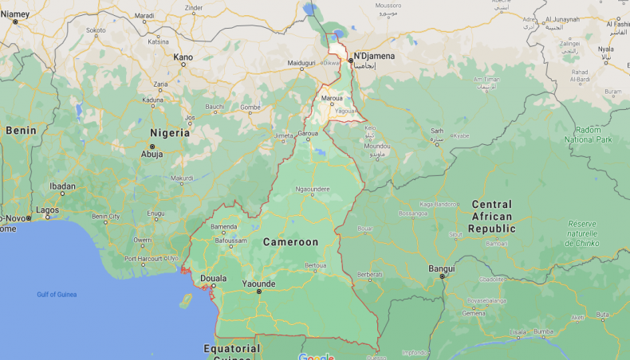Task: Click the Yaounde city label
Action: click(x=259, y=283)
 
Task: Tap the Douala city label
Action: click(x=213, y=278)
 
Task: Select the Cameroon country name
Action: click(x=290, y=241)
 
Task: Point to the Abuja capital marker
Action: click(x=152, y=154)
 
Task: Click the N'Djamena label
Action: click(x=375, y=56)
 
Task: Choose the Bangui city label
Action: click(x=442, y=268)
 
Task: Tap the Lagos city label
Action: click(x=47, y=209)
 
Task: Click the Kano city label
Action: click(x=183, y=57)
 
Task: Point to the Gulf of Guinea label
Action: click(x=57, y=295)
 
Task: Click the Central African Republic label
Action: click(x=492, y=217)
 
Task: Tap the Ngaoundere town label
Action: click(x=313, y=189)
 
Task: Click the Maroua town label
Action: click(x=332, y=98)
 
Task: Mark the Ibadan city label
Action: click(x=62, y=186)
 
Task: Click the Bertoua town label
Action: click(x=316, y=264)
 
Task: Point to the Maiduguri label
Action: click(x=301, y=62)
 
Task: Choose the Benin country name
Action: click(x=21, y=130)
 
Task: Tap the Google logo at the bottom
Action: click(x=317, y=356)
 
